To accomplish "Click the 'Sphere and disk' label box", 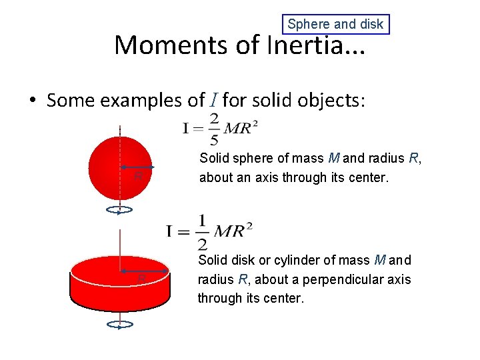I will pos(335,25).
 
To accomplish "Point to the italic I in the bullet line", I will pos(211,101).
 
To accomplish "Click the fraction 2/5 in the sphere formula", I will pos(213,129).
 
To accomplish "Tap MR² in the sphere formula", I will pos(241,128).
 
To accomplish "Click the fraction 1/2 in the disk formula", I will pos(202,231).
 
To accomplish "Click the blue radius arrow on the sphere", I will pos(137,167).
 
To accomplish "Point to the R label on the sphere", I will pos(137,176).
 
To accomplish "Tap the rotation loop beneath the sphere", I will pos(119,211).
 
